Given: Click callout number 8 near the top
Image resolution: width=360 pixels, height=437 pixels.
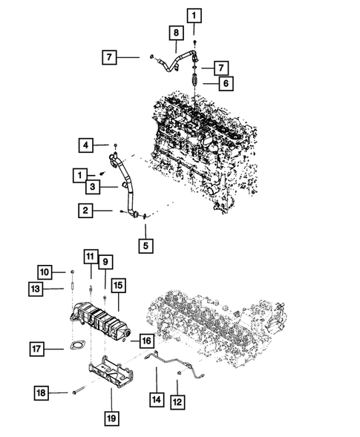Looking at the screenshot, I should (x=176, y=33).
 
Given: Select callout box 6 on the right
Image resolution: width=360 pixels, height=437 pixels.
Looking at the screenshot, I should (x=223, y=84).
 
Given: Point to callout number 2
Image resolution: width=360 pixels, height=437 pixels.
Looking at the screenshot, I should (x=86, y=211).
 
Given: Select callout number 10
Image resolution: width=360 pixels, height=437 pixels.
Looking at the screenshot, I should (x=45, y=271).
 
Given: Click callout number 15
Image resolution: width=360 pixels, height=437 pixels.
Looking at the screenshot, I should (x=119, y=284).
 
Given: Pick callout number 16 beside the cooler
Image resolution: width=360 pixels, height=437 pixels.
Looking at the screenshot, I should (x=145, y=341).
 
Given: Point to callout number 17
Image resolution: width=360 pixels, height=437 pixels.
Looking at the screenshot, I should (x=36, y=347).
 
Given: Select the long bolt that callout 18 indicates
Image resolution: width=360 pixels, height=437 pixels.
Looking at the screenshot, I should (x=78, y=391).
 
